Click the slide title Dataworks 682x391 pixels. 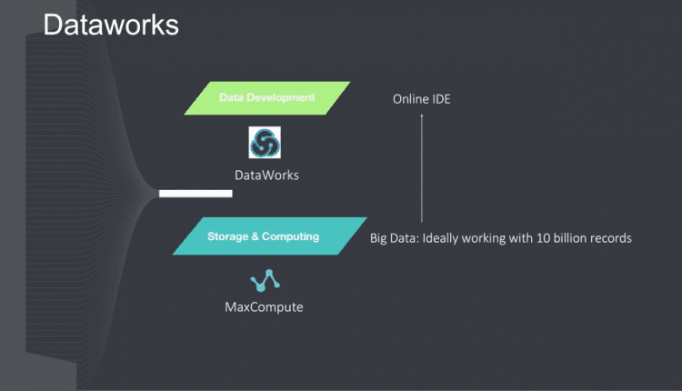tap(111, 25)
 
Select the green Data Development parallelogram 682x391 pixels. tap(266, 98)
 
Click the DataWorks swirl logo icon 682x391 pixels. tap(265, 143)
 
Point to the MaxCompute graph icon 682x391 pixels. tap(264, 281)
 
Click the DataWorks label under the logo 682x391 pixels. tap(266, 175)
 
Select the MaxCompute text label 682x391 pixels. tap(264, 307)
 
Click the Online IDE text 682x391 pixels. tap(421, 99)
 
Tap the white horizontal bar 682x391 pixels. tap(196, 193)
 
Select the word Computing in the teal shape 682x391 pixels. tap(291, 236)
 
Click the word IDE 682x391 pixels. tap(440, 99)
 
